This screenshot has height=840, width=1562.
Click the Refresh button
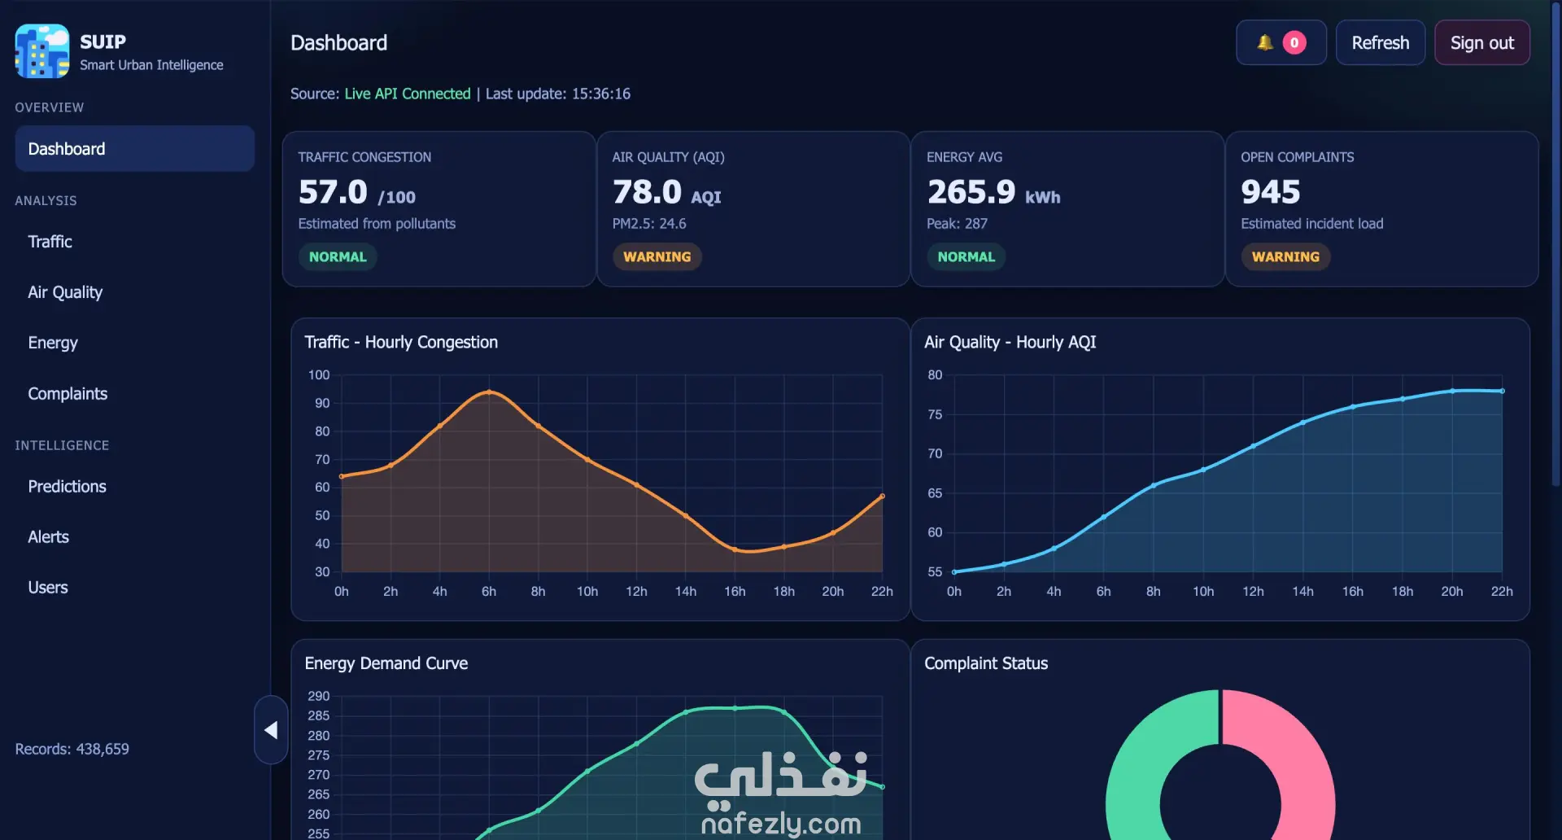coord(1380,42)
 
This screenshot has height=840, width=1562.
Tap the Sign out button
coord(1481,42)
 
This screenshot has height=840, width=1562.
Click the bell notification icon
coord(1264,42)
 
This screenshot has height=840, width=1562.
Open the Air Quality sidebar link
coord(65,292)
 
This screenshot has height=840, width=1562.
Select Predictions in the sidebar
coord(67,486)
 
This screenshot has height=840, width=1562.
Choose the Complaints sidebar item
coord(68,393)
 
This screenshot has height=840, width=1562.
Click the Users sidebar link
coord(48,587)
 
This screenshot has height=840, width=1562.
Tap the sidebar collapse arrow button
coord(271,730)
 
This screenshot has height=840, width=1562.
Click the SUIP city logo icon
coord(42,51)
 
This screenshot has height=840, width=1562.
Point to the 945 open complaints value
coord(1270,192)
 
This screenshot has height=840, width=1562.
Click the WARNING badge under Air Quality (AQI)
coord(657,256)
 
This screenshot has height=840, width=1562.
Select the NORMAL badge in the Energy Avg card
coord(966,256)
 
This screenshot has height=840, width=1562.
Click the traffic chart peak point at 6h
coord(489,392)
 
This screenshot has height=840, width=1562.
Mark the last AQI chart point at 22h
coord(1502,392)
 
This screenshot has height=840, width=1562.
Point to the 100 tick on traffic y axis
coord(319,375)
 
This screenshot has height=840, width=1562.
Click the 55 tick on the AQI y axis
coord(935,572)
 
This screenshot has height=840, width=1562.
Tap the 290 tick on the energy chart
coord(319,696)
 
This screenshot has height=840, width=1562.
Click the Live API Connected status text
coord(408,94)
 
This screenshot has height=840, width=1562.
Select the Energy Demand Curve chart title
coord(386,663)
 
